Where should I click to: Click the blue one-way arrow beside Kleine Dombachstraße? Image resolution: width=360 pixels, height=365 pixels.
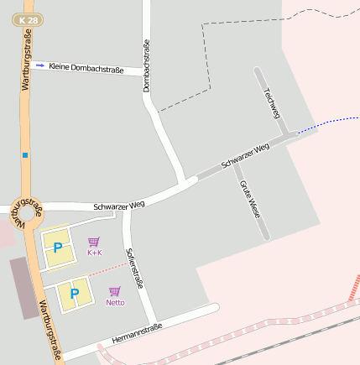tap(39, 65)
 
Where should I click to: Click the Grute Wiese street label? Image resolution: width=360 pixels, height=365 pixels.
tap(250, 199)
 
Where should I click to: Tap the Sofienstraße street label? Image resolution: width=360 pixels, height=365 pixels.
tap(134, 267)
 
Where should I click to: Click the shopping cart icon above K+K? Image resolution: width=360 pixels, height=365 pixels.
tap(94, 242)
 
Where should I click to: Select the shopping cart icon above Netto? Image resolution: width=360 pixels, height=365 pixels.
tap(115, 291)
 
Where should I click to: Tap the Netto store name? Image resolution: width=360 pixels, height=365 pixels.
tap(115, 302)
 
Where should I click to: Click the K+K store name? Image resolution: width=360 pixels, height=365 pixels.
tap(94, 253)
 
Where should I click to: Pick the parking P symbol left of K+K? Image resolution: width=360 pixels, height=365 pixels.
tap(58, 248)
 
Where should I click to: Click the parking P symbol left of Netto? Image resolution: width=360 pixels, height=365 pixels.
tap(74, 294)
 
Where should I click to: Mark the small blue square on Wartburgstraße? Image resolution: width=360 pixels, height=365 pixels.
tap(25, 154)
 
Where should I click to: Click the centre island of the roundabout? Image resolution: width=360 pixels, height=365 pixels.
tap(27, 212)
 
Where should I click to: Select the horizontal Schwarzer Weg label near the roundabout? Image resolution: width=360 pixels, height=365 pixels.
tap(119, 204)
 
